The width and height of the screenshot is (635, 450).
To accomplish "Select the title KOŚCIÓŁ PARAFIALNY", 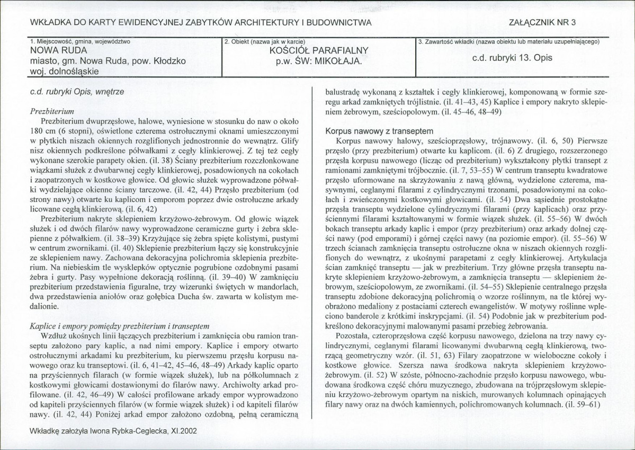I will tap(319, 51).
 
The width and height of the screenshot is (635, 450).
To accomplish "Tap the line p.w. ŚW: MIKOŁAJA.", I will tap(318, 61).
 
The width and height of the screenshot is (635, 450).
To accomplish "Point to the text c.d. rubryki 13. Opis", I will tap(512, 58).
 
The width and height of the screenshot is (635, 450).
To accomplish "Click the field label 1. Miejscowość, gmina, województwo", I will tap(81, 41).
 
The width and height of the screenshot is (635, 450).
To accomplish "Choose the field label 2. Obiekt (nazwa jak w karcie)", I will tap(265, 41).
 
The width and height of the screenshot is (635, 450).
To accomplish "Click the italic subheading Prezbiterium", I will tap(52, 111).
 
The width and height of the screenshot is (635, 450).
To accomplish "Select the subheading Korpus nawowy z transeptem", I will tap(380, 131).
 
